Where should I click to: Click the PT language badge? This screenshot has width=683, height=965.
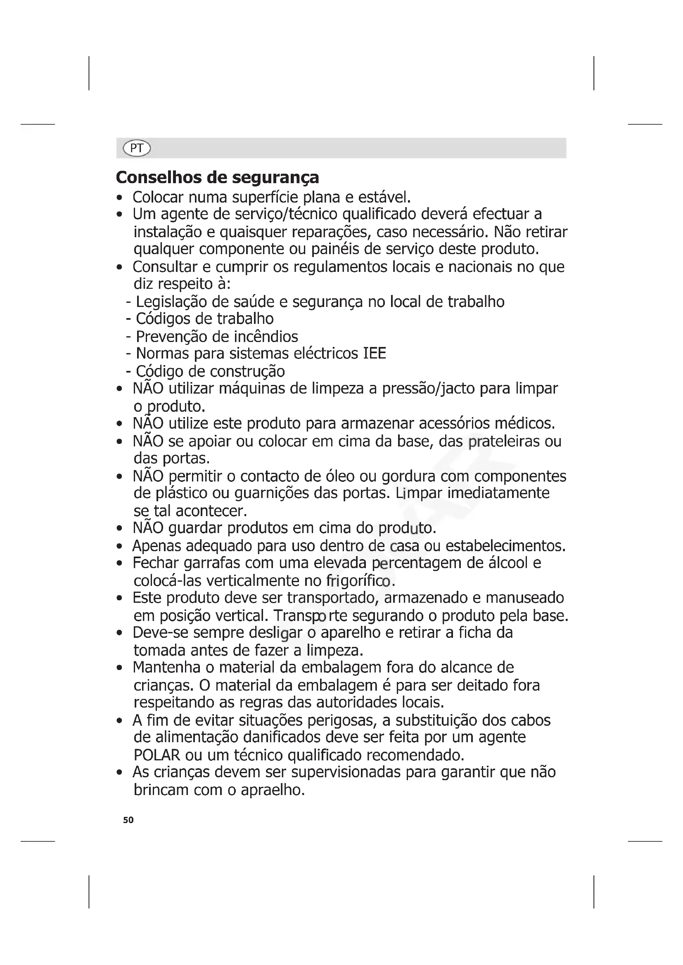[x=137, y=148]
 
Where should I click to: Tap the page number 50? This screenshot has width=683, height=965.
[x=128, y=820]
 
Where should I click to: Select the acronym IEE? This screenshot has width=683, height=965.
[x=374, y=354]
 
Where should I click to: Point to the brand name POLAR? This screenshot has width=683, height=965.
[x=157, y=755]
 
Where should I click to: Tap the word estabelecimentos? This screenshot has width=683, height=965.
[x=505, y=546]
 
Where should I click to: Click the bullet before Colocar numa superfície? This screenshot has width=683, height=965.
[x=120, y=198]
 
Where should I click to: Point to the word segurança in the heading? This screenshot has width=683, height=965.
[x=275, y=177]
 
